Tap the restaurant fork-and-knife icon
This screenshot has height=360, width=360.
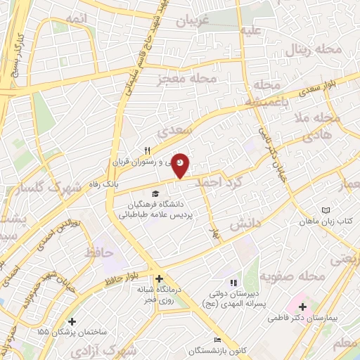tap(147, 150)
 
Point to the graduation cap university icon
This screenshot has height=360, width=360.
tap(154, 194)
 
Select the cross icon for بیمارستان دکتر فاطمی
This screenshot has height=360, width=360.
tap(303, 307)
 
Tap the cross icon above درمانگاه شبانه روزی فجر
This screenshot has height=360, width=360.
tap(160, 278)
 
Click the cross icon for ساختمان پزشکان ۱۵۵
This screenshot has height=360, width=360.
tap(72, 321)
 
